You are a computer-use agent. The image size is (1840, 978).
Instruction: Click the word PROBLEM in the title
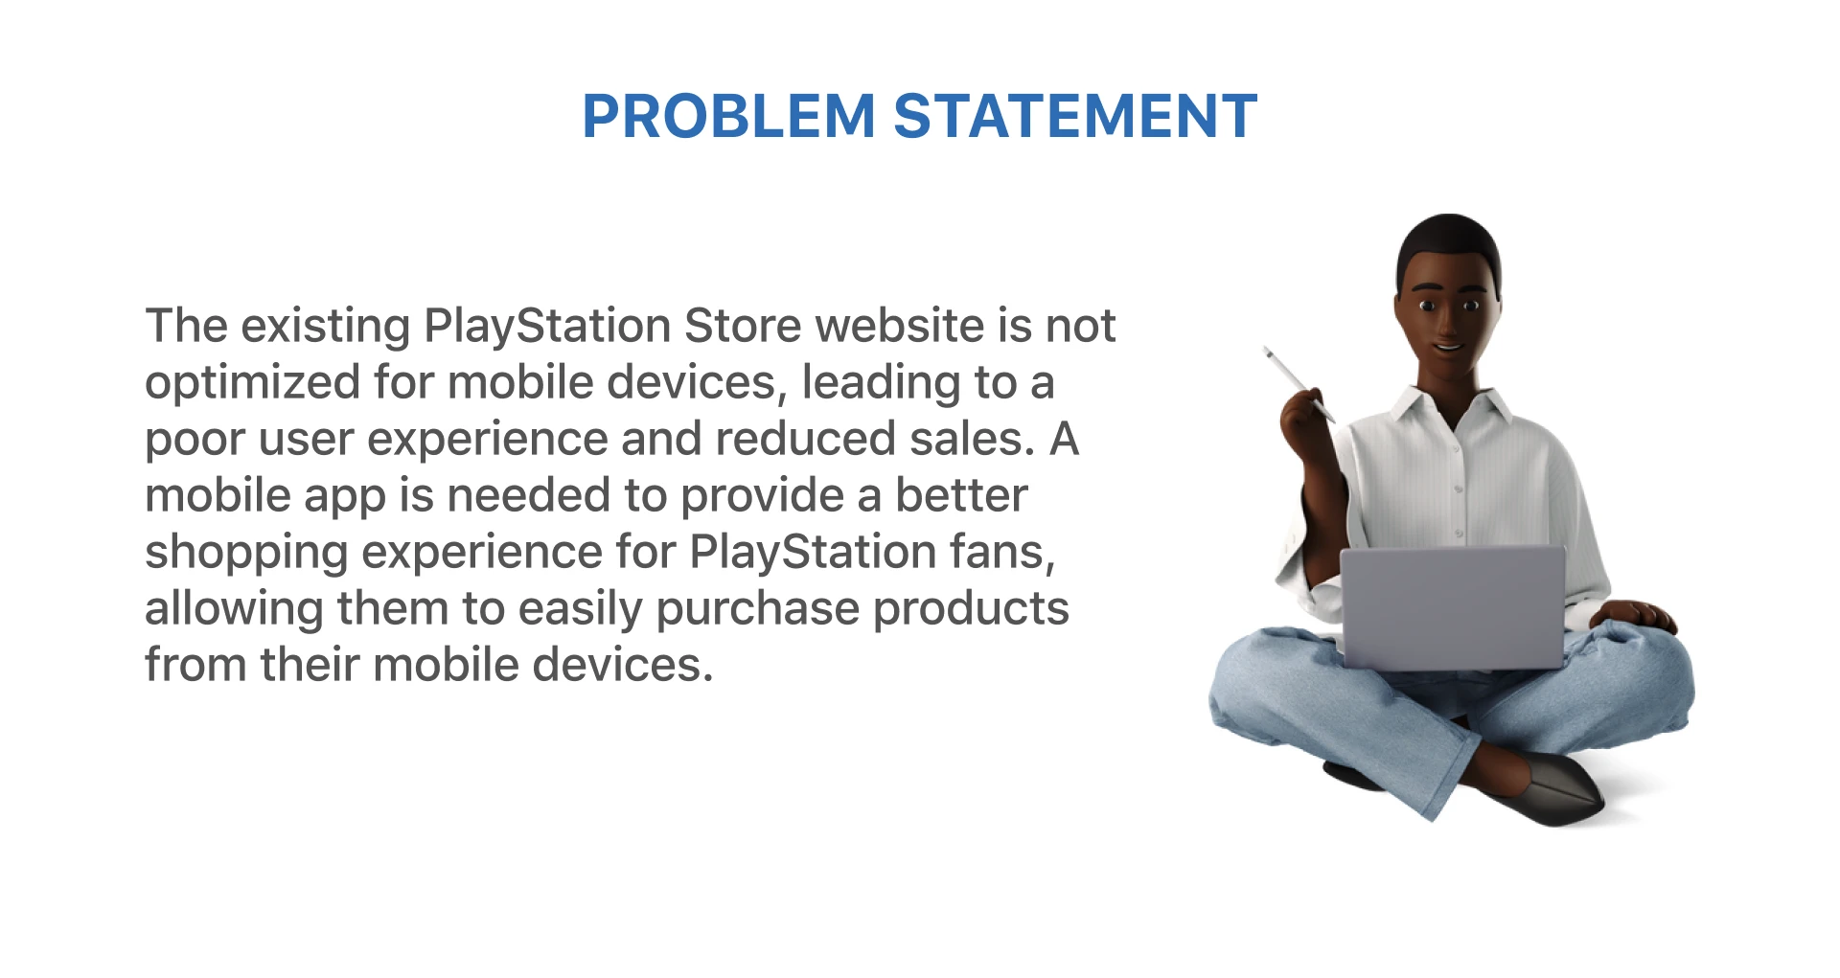coord(728,116)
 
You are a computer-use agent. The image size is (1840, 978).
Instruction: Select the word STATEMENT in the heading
coord(1075,116)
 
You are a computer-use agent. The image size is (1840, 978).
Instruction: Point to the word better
coord(961,495)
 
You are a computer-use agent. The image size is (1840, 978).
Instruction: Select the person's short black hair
coord(1448,244)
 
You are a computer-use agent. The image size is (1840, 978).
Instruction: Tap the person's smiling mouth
coord(1447,347)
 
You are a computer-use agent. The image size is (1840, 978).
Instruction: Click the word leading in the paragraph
coord(881,384)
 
